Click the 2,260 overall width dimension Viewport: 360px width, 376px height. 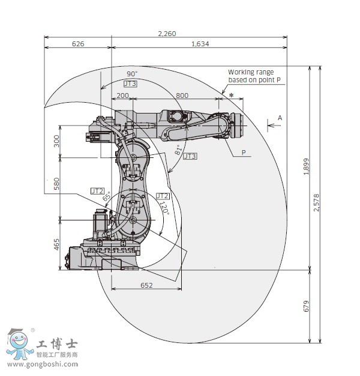point(167,34)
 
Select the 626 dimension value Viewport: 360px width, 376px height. point(78,43)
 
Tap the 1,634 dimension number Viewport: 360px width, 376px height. point(200,43)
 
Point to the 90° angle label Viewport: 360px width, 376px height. point(132,74)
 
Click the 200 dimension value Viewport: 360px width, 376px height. point(122,96)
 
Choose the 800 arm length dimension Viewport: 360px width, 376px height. point(182,96)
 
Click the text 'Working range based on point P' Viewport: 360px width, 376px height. point(254,76)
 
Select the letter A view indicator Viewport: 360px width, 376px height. point(279,118)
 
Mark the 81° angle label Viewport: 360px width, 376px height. point(178,150)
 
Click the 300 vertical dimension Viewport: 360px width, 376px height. point(56,141)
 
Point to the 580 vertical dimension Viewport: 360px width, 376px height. point(56,184)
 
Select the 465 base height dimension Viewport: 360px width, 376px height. point(56,244)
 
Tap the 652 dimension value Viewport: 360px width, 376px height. point(146,285)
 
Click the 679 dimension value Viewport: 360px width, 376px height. point(306,306)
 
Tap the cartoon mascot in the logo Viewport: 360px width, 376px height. point(20,344)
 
